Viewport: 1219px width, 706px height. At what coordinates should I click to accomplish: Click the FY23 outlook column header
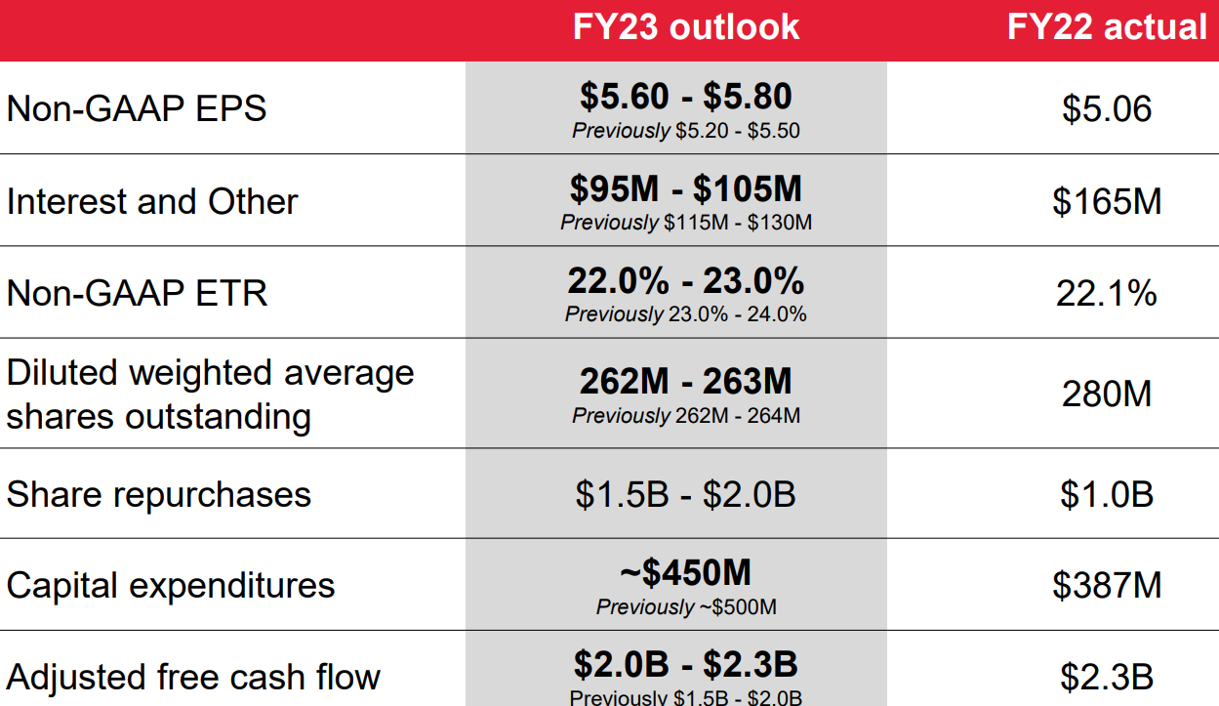pos(685,27)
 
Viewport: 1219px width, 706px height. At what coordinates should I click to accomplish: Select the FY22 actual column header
pos(1107,27)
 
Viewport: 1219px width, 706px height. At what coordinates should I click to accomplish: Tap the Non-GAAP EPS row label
pos(137,107)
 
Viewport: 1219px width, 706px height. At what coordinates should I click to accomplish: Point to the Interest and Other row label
pos(152,201)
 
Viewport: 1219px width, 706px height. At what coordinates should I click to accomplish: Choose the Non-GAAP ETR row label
pos(137,293)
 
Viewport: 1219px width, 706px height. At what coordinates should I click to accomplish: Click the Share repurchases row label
pos(159,494)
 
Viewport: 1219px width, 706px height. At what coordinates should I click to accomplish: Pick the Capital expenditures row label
pos(171,585)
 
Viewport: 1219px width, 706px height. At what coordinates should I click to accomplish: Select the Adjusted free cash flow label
pos(193,677)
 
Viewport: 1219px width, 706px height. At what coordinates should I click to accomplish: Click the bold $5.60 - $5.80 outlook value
pos(685,96)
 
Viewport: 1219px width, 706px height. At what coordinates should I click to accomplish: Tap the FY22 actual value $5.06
pos(1107,107)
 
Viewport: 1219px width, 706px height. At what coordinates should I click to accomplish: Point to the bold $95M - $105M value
pos(685,188)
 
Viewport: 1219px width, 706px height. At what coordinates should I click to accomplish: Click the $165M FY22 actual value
pos(1107,201)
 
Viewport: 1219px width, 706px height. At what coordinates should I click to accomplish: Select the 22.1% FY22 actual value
pos(1107,293)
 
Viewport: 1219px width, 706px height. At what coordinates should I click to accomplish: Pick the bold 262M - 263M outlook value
pos(685,381)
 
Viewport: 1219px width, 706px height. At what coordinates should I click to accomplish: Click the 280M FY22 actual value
pos(1107,394)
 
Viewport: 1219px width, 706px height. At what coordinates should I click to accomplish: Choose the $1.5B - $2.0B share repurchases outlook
pos(685,494)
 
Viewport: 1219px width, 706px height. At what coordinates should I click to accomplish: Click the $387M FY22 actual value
pos(1107,585)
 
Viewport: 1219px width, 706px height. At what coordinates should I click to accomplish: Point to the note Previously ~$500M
pos(686,607)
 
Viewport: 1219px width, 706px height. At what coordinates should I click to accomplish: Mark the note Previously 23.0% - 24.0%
pos(685,314)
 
